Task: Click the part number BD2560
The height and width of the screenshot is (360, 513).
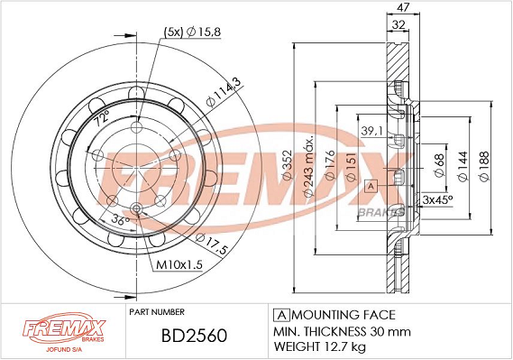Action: point(194,336)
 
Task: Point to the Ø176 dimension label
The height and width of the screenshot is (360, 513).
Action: point(330,164)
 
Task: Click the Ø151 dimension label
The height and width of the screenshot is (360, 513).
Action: point(351,167)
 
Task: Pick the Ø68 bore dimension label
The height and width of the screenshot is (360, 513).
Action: point(440,165)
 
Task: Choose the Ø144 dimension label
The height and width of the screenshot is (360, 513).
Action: point(463,166)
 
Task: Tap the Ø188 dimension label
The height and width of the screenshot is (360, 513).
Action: point(484,166)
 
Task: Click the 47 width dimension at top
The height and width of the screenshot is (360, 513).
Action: point(403,7)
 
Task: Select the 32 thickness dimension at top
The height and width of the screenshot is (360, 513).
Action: point(398,24)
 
